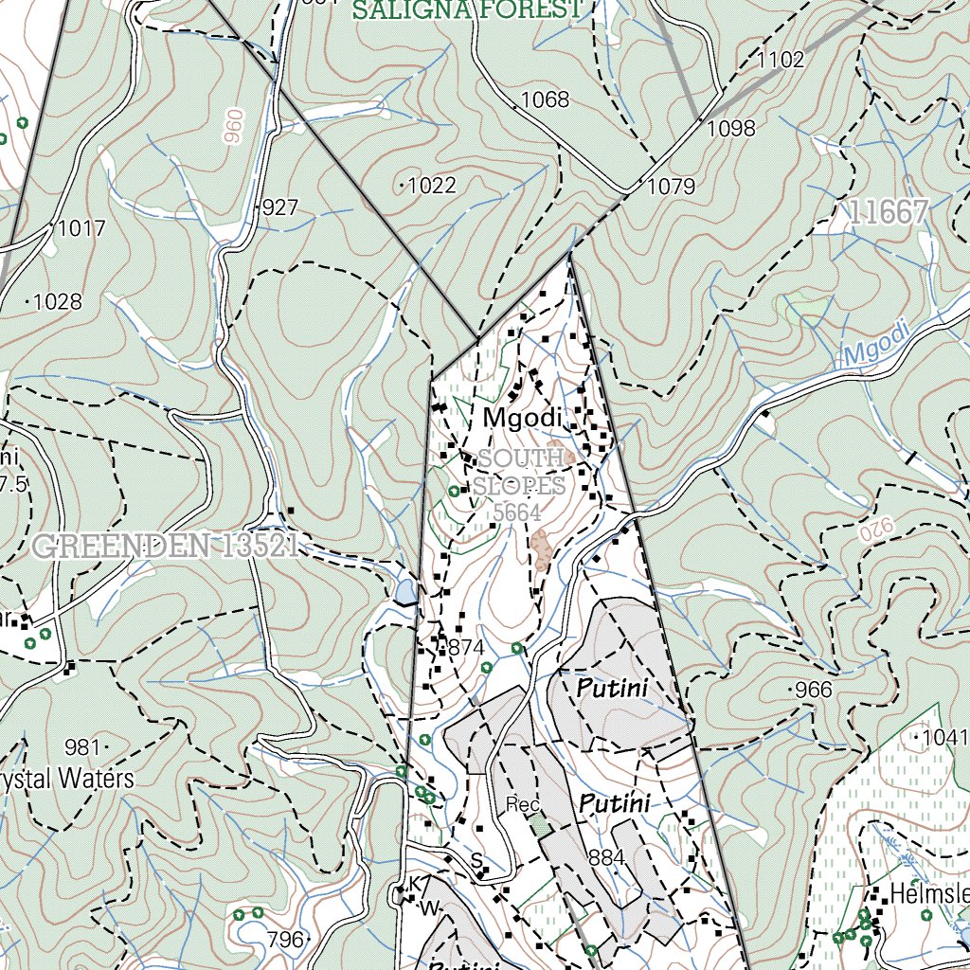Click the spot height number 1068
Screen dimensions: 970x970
[x=546, y=99]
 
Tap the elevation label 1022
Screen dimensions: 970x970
[x=432, y=186]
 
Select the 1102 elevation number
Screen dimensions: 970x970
[x=781, y=61]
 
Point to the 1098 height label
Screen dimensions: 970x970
[x=732, y=128]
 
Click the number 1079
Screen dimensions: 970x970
[x=671, y=187]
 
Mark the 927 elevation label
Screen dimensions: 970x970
[x=280, y=207]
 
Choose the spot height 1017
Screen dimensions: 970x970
[x=81, y=228]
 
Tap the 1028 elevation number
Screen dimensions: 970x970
[x=58, y=302]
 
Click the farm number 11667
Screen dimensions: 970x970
[x=888, y=212]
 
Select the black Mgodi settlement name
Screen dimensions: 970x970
[x=523, y=418]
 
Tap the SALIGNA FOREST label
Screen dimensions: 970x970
[x=466, y=9]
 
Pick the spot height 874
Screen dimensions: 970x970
[x=466, y=649]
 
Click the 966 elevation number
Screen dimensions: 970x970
[x=814, y=690]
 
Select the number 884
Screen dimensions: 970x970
[x=607, y=858]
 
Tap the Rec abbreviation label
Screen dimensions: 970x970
[x=522, y=805]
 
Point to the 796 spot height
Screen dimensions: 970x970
[x=285, y=940]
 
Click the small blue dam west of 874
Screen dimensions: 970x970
[x=405, y=592]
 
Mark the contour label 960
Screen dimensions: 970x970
[x=233, y=126]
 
